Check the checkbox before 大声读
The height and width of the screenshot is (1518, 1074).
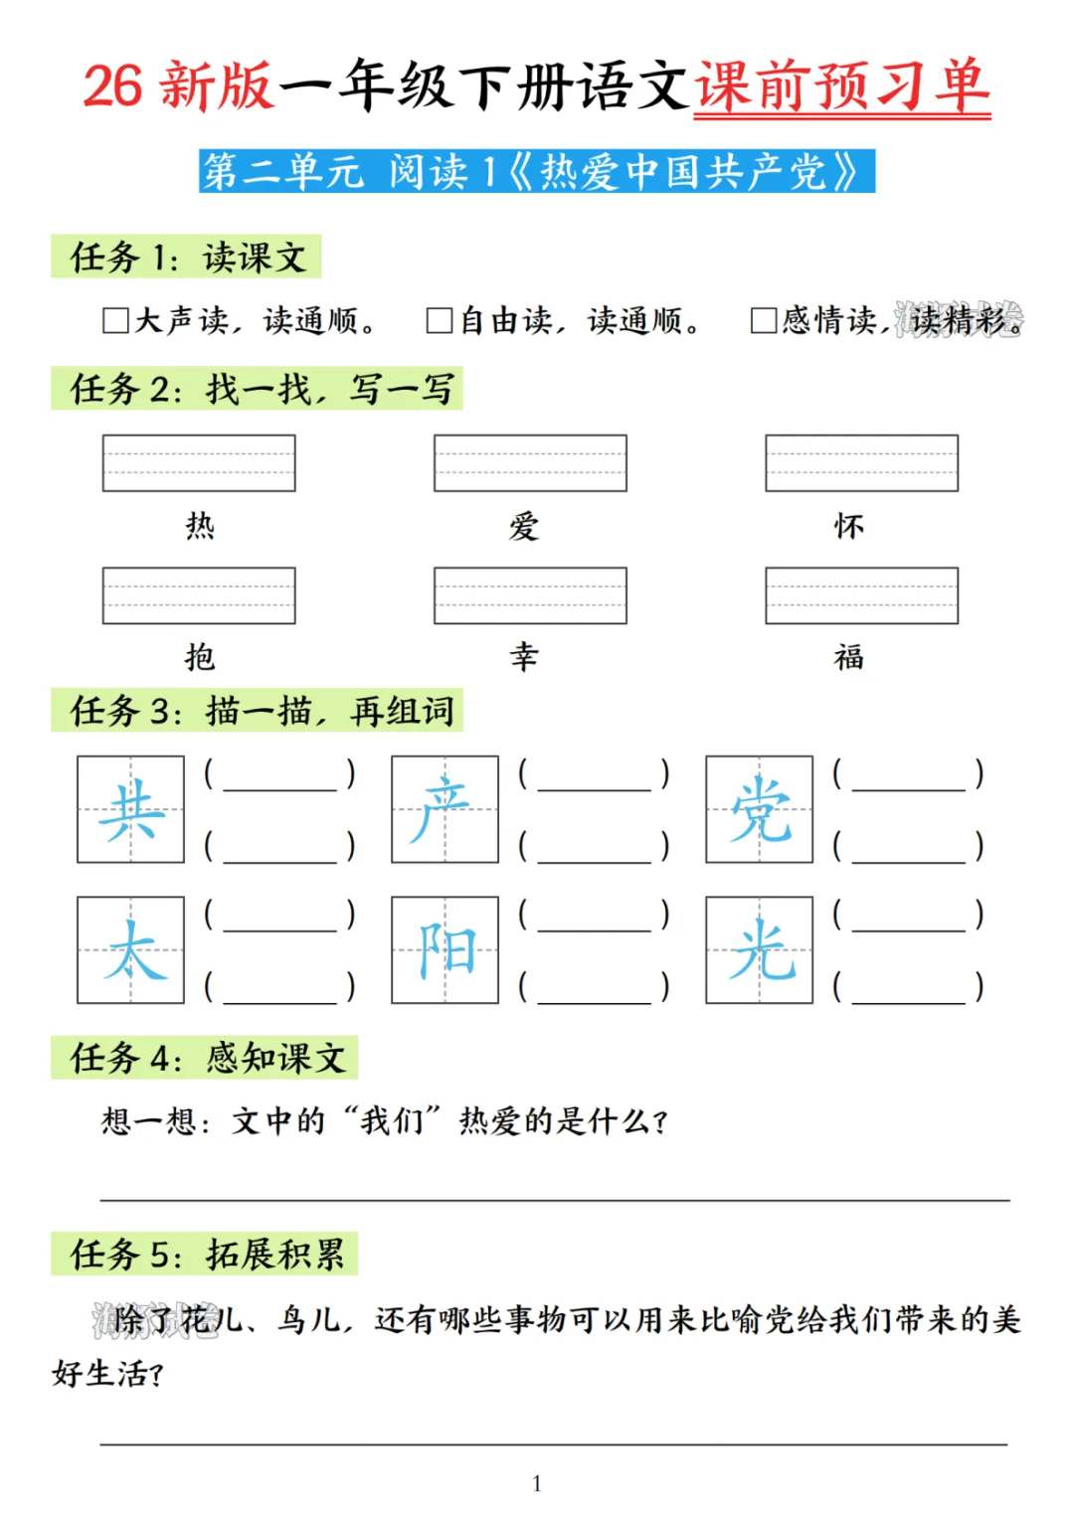coord(115,320)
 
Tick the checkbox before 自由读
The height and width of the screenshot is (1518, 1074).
coord(440,320)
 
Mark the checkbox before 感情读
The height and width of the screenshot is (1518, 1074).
coord(764,320)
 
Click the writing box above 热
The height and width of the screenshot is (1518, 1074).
coord(199,463)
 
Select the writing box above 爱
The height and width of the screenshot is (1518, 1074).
coord(530,463)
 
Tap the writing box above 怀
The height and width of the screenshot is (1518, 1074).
coord(861,463)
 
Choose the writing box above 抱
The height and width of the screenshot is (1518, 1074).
coord(199,595)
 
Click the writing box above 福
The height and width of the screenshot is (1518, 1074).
coord(861,595)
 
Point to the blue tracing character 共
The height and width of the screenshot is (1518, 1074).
coord(131,809)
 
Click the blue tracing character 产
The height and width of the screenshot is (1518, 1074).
coord(445,809)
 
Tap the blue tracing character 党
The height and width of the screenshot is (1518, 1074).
coord(760,809)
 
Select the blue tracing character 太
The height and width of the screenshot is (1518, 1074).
coord(131,950)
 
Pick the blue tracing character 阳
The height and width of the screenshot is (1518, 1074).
coord(445,950)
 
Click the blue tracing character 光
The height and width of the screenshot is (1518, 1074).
coord(760,950)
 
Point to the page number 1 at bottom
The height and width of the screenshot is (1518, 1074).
coord(537,1484)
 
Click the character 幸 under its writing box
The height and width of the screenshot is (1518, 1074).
coord(524,656)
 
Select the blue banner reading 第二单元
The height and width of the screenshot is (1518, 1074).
coord(537,171)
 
